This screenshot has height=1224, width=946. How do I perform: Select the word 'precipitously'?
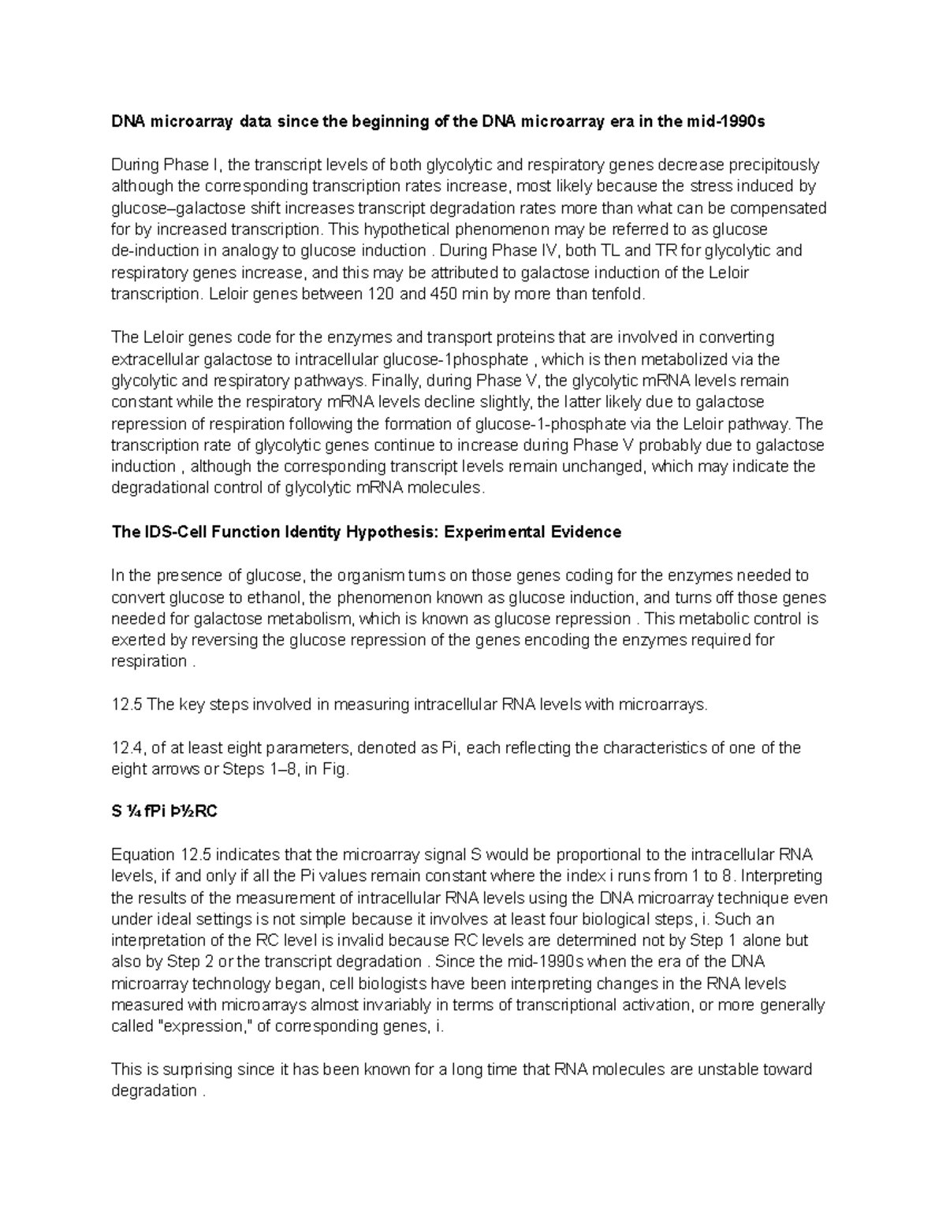click(x=773, y=166)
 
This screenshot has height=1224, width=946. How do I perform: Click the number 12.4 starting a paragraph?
click(x=127, y=748)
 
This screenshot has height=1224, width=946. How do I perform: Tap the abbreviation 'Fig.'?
click(x=335, y=769)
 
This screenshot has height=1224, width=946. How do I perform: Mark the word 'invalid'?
click(x=370, y=941)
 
